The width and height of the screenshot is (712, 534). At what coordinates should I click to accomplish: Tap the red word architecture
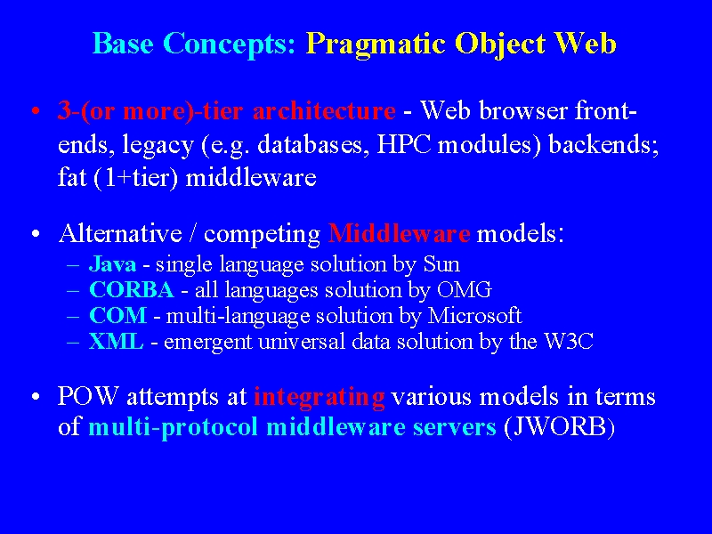pyautogui.click(x=324, y=110)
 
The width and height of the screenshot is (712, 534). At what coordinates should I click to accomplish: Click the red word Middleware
pyautogui.click(x=399, y=233)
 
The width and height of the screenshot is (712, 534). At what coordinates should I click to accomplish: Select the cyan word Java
pyautogui.click(x=113, y=264)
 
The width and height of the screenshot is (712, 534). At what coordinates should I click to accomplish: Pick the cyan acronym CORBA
pyautogui.click(x=132, y=290)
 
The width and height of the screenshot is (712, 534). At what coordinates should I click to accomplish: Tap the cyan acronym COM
pyautogui.click(x=118, y=316)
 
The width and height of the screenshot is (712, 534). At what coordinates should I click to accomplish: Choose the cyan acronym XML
pyautogui.click(x=117, y=342)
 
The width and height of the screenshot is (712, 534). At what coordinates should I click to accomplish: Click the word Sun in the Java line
pyautogui.click(x=441, y=264)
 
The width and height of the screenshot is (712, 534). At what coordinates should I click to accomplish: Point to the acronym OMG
pyautogui.click(x=464, y=290)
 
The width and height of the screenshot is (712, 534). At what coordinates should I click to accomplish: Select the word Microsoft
pyautogui.click(x=475, y=316)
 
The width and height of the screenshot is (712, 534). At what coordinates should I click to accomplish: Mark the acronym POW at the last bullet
pyautogui.click(x=88, y=396)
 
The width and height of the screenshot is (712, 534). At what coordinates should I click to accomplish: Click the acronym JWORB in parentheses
pyautogui.click(x=560, y=427)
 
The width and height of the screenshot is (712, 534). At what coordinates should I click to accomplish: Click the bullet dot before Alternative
pyautogui.click(x=36, y=234)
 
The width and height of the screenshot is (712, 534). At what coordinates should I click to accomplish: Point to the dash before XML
pyautogui.click(x=73, y=342)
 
